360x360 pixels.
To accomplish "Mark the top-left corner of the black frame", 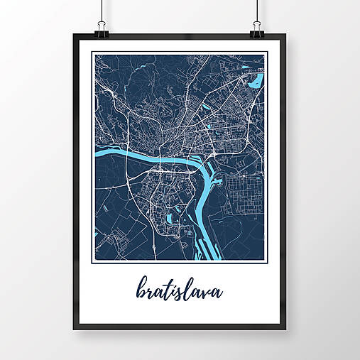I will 74,33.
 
